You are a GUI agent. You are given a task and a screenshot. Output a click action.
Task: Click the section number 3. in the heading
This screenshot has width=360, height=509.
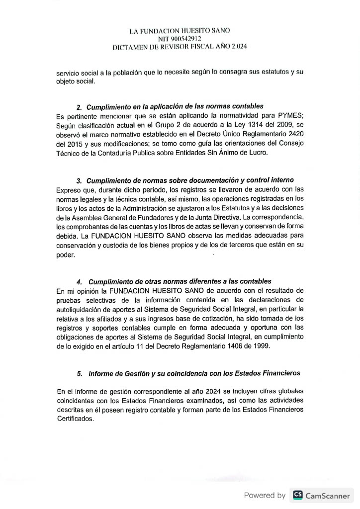80,180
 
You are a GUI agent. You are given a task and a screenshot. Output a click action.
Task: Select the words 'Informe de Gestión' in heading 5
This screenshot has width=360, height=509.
118,373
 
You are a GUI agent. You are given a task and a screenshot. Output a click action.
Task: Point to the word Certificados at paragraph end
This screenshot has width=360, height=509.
75,419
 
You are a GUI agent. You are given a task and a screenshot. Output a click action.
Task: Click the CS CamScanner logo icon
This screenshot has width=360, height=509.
297,495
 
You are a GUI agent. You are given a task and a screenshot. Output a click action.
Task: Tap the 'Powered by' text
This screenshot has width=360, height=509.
265,495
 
